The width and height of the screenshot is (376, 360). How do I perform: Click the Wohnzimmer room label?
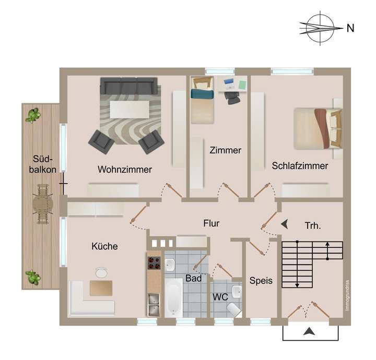click(125, 170)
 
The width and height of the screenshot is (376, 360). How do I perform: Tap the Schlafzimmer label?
click(300, 166)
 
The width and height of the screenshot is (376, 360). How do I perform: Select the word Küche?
click(104, 246)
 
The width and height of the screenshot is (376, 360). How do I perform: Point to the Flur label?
click(211, 224)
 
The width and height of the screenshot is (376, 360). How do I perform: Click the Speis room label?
click(261, 281)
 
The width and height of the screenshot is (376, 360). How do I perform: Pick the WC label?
click(219, 297)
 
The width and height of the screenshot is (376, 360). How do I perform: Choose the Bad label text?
click(193, 279)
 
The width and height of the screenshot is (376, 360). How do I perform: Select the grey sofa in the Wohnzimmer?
click(128, 86)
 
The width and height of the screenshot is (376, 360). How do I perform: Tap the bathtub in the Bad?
click(173, 297)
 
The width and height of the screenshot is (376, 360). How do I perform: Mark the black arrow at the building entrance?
click(310, 331)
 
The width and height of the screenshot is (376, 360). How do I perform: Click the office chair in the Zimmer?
click(232, 97)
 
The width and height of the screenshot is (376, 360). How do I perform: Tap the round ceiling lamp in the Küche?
click(101, 272)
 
